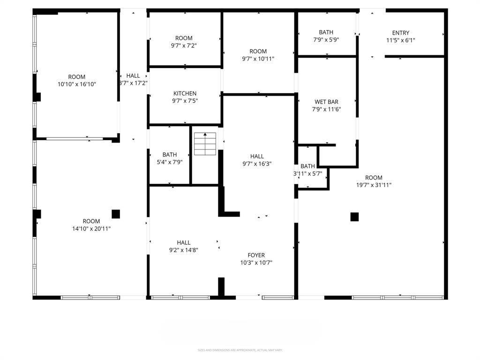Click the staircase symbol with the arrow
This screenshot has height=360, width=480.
tap(205, 144)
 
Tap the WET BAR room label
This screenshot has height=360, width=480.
tap(327, 102)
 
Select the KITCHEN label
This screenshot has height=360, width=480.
tap(185, 93)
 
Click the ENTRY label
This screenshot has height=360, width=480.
tap(401, 33)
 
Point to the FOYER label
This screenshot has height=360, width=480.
tap(256, 255)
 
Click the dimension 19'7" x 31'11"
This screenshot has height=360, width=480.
tap(374, 185)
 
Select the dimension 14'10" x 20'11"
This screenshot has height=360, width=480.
tap(91, 229)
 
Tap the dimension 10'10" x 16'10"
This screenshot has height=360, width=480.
tap(77, 84)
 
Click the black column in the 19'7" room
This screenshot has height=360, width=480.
tap(354, 217)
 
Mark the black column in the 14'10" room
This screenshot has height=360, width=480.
tap(116, 214)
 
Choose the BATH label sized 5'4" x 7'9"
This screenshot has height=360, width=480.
tap(170, 155)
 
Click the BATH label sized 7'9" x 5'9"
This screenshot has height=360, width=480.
tap(326, 32)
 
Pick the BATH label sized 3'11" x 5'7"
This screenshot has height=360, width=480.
tap(307, 166)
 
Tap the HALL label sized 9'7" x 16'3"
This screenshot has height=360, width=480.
tap(257, 156)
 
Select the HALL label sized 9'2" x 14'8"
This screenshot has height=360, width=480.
tap(184, 242)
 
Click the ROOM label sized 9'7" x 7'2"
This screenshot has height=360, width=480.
tap(184, 38)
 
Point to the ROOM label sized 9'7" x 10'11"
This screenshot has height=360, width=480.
tap(258, 52)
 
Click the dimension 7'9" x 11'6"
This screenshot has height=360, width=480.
tap(327, 109)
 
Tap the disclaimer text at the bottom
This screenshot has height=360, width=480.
tap(240, 350)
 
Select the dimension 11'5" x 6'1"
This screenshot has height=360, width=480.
tap(401, 40)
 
